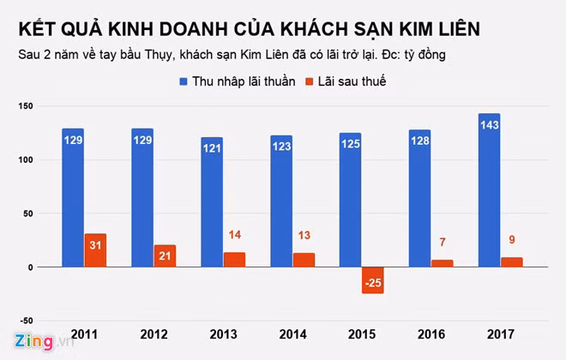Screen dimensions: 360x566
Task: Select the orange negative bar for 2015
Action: click(372, 280)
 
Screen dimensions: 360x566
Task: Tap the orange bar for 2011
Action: click(95, 250)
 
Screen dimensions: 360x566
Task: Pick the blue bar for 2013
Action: click(212, 202)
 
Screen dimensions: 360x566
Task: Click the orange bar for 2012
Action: click(165, 255)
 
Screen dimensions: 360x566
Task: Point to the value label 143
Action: click(489, 125)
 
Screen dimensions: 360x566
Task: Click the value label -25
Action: click(372, 282)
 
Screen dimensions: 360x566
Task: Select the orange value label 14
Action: click(234, 235)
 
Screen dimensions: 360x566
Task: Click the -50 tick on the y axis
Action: click(23, 320)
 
